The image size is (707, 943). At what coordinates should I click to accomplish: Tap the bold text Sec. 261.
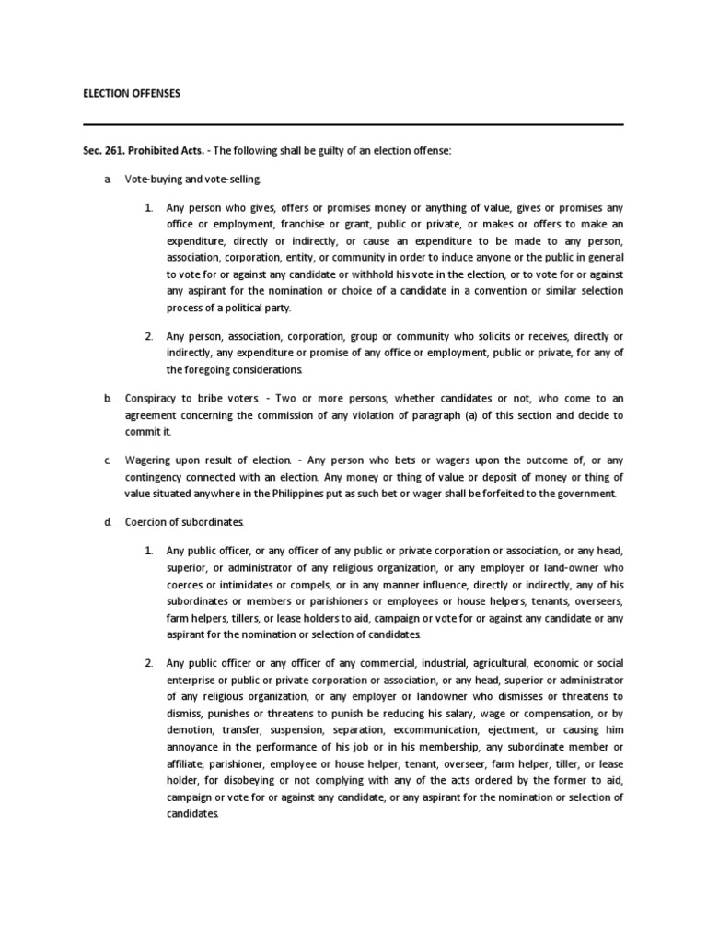click(104, 150)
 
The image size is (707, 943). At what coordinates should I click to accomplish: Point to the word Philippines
click(321, 493)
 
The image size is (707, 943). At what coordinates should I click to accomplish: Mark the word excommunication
click(416, 729)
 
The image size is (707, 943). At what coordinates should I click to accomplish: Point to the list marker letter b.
click(107, 398)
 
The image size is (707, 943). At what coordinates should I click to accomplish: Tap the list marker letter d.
click(107, 522)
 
